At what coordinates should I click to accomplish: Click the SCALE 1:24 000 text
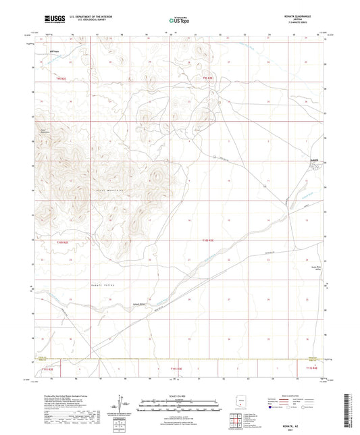click(179, 395)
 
